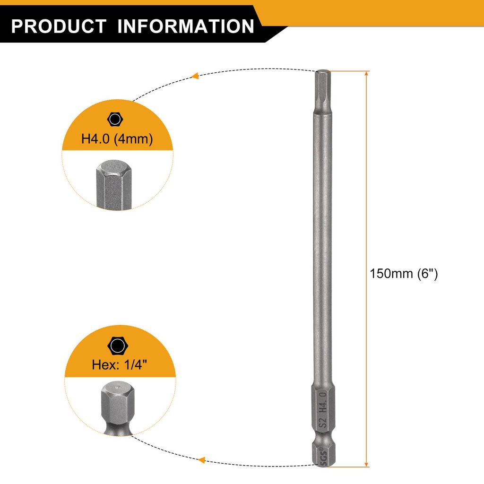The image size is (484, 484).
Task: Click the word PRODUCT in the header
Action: coord(59,26)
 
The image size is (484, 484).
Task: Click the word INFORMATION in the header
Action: coord(186,26)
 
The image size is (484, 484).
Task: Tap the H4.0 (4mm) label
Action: coord(117,138)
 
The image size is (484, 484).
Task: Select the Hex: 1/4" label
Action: coord(120,364)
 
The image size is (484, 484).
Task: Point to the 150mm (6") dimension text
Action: coord(404,274)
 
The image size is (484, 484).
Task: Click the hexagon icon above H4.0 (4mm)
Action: coord(115,119)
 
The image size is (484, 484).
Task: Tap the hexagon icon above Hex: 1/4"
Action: coord(118,346)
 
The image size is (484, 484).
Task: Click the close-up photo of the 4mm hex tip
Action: coord(114,185)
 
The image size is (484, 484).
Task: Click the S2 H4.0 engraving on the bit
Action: coord(322,410)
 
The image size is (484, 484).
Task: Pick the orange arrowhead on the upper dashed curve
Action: coord(194,76)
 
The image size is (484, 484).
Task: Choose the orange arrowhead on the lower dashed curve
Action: coord(201,460)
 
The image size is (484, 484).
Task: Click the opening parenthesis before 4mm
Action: coord(116,139)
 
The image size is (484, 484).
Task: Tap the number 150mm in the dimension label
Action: coord(391,274)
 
